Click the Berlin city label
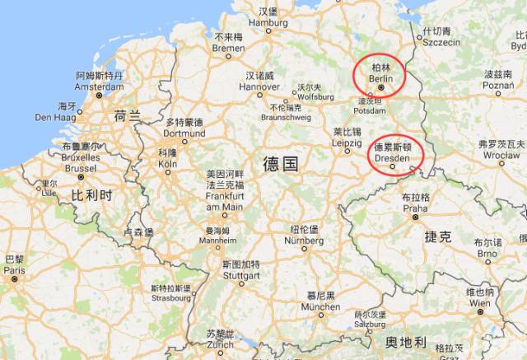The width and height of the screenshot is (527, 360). pos(380,75)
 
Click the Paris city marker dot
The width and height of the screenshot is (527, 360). pos(14,279)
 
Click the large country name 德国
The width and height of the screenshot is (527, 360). pos(280,163)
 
